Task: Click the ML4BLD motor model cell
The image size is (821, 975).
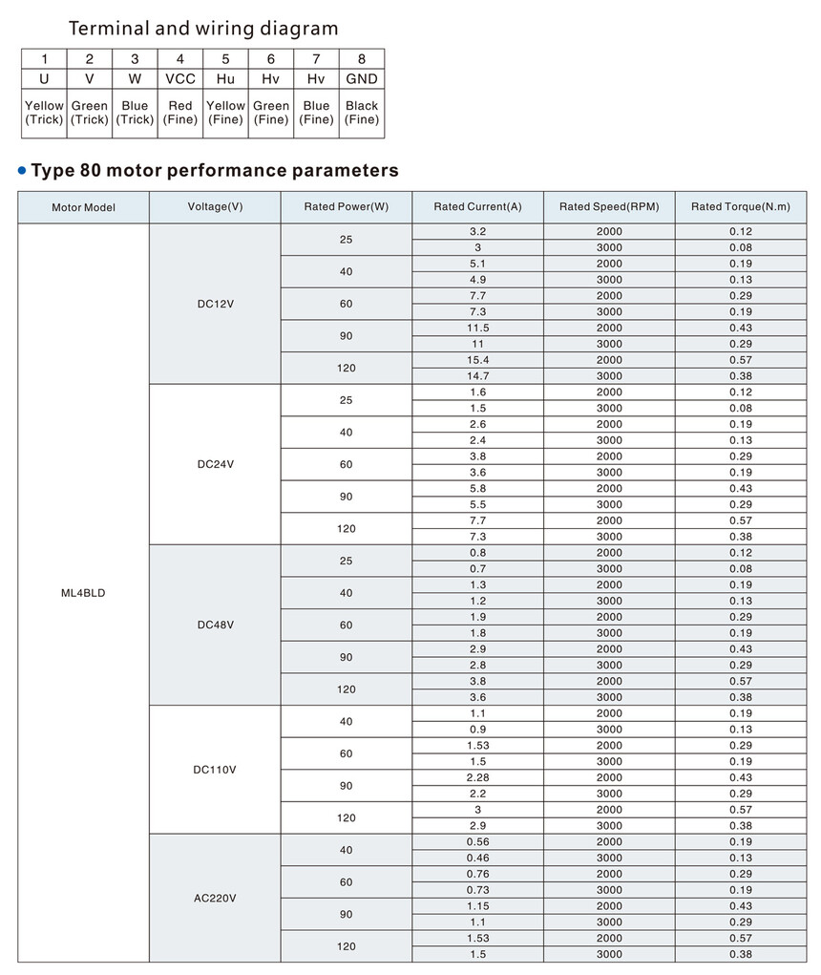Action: pyautogui.click(x=83, y=593)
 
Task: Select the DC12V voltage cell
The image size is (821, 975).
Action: pyautogui.click(x=215, y=304)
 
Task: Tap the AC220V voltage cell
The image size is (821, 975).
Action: pyautogui.click(x=215, y=898)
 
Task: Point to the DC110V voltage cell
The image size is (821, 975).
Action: pyautogui.click(x=215, y=769)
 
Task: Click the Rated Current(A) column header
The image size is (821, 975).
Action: pyautogui.click(x=477, y=207)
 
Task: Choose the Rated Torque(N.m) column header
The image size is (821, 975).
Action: pyautogui.click(x=741, y=207)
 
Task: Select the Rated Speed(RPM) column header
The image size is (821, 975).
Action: pyautogui.click(x=609, y=207)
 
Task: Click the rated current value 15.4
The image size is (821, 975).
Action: pyautogui.click(x=478, y=360)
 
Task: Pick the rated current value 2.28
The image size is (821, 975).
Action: pyautogui.click(x=478, y=777)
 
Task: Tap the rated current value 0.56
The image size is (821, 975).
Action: pyautogui.click(x=478, y=841)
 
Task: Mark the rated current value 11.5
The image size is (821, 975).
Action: pyautogui.click(x=478, y=328)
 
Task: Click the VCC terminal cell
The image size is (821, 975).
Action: pyautogui.click(x=180, y=79)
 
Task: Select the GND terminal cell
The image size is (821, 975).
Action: pyautogui.click(x=362, y=79)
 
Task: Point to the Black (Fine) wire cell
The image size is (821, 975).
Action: pyautogui.click(x=362, y=113)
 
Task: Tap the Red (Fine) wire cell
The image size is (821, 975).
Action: pyautogui.click(x=180, y=113)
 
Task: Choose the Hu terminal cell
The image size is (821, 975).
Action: pyautogui.click(x=225, y=79)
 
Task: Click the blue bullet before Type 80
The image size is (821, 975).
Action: pyautogui.click(x=22, y=171)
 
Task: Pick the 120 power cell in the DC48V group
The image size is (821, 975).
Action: pyautogui.click(x=347, y=689)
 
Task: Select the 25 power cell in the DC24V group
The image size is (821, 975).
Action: pyautogui.click(x=347, y=400)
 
